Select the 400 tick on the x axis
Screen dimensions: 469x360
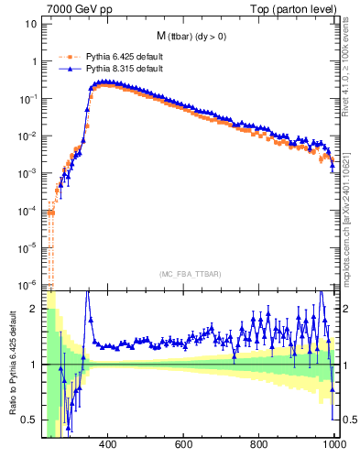coord(107,444)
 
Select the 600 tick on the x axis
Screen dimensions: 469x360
coord(183,444)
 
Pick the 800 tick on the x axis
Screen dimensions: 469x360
coord(259,444)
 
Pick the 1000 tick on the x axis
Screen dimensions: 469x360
coord(333,444)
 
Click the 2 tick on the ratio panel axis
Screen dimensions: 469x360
coord(34,309)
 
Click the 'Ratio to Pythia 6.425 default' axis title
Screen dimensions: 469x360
coord(10,365)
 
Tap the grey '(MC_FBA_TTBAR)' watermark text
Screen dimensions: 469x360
coord(190,275)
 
